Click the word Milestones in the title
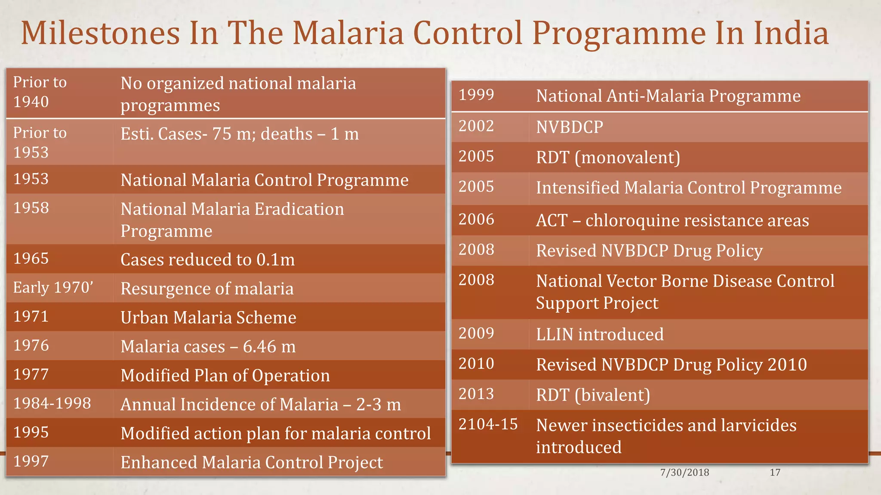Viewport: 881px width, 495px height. (101, 33)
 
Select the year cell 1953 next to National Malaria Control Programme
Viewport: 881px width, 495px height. (31, 179)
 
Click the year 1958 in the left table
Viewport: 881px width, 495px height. (31, 208)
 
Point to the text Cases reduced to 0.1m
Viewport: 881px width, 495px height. (207, 260)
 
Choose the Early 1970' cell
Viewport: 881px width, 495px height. (53, 287)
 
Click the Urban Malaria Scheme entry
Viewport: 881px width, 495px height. (208, 318)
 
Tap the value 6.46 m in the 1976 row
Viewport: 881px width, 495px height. (269, 346)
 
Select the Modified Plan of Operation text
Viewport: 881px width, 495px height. (225, 376)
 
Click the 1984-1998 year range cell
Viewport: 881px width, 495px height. (52, 403)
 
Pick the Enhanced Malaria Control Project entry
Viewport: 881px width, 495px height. (252, 462)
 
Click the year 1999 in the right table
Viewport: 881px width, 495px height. (476, 95)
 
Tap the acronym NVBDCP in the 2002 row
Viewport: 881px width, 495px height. (570, 127)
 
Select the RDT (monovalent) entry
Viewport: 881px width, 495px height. (608, 157)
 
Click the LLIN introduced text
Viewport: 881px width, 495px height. (600, 334)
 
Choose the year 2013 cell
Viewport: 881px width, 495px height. (476, 394)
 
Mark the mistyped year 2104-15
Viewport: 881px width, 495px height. (488, 425)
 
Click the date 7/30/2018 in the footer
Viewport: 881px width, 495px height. (684, 473)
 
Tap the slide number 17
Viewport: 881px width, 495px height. (775, 473)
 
